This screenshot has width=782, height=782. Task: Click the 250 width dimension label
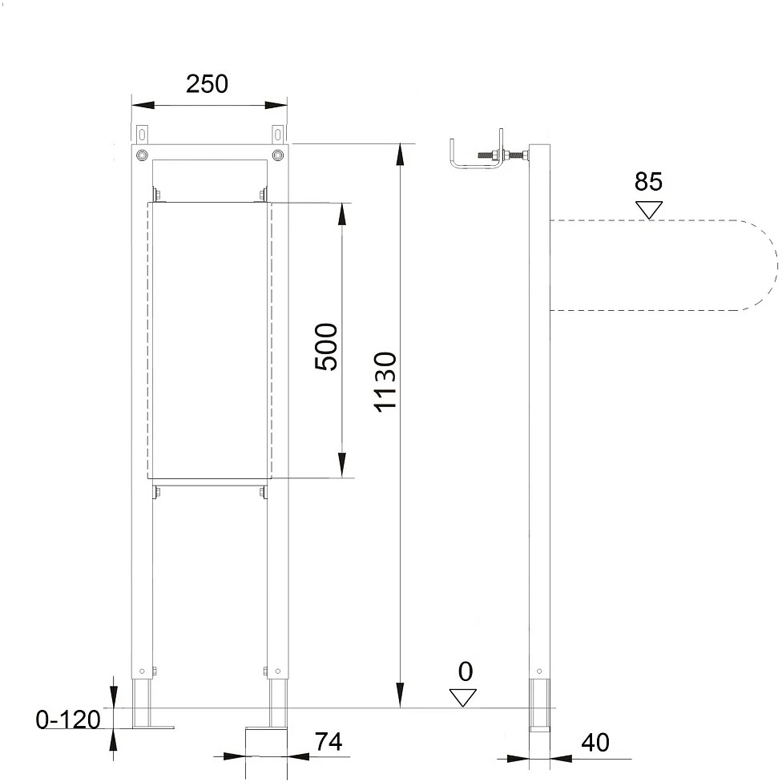click(x=207, y=84)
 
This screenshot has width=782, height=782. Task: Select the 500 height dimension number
click(x=326, y=347)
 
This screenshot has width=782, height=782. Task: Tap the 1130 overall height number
click(x=385, y=381)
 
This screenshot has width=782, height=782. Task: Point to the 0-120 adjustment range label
click(x=68, y=720)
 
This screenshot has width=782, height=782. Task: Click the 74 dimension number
click(x=329, y=742)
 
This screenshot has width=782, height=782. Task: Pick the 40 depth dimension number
click(x=595, y=743)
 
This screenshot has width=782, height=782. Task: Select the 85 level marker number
click(x=648, y=182)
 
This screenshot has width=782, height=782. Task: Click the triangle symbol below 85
click(x=649, y=209)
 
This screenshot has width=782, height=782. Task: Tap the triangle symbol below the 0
click(x=463, y=698)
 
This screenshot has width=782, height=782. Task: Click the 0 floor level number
click(x=465, y=671)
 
